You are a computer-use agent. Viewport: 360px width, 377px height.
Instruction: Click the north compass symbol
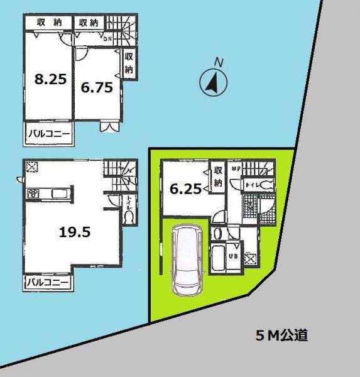click(x=212, y=81)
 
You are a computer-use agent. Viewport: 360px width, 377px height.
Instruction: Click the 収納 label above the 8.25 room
click(x=48, y=23)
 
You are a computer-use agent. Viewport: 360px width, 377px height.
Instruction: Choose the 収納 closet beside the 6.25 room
click(x=218, y=176)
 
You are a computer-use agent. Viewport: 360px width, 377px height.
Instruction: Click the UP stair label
click(x=236, y=168)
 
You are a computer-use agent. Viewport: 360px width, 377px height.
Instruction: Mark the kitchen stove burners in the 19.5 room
click(x=33, y=194)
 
